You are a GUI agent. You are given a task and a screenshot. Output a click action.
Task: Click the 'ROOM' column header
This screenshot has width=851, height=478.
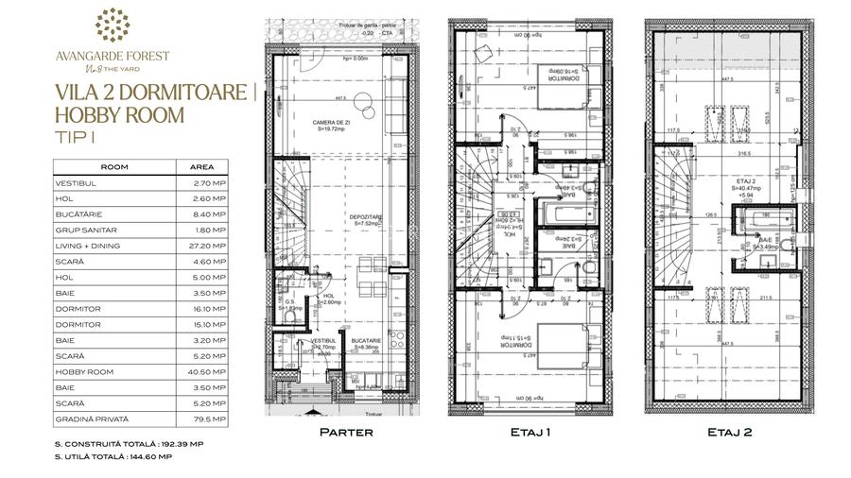click(114, 167)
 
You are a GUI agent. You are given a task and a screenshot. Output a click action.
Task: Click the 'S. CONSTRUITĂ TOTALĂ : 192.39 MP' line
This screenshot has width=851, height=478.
click(128, 442)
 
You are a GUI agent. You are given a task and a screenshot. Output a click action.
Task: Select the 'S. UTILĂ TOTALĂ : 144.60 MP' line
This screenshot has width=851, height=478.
click(113, 455)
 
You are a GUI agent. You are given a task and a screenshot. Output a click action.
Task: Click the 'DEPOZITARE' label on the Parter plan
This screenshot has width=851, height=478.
click(366, 216)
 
